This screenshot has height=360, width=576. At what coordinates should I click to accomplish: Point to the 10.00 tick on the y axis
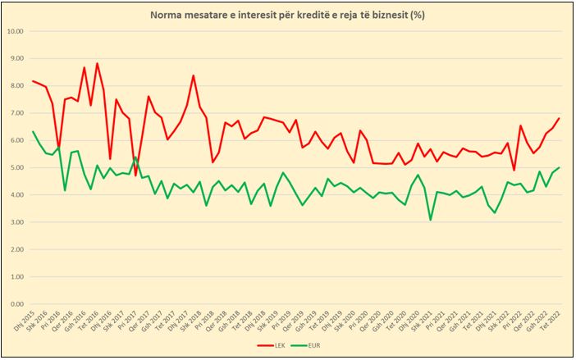[16, 31]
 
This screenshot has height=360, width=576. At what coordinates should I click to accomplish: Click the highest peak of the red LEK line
[97, 63]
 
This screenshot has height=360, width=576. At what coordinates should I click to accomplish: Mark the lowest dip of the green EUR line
[431, 220]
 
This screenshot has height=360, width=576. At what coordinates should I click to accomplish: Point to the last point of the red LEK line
[559, 118]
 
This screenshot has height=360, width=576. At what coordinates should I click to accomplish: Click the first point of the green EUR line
[33, 131]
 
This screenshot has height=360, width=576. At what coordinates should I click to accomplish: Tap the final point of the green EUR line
[559, 167]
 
